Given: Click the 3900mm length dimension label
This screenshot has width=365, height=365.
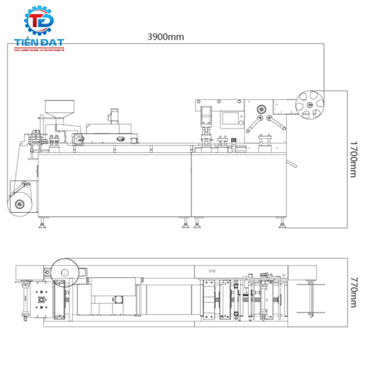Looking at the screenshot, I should [x=165, y=37].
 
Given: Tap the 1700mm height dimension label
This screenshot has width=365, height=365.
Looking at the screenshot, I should [x=352, y=160].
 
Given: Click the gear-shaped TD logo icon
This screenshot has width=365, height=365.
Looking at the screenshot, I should [x=39, y=24].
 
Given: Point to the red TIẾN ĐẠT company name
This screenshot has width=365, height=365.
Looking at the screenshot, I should [x=39, y=43].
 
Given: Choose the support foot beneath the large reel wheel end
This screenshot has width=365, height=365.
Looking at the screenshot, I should [x=281, y=224].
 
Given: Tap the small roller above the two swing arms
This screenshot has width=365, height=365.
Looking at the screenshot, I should [x=261, y=107].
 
